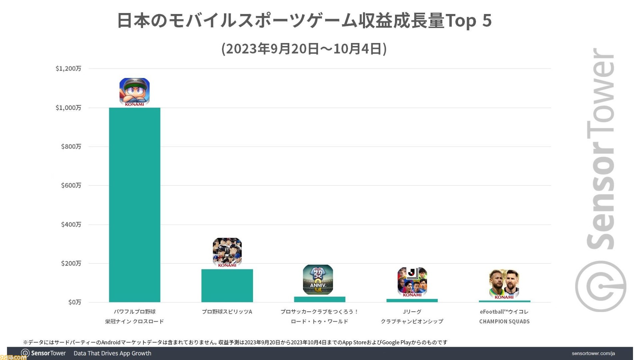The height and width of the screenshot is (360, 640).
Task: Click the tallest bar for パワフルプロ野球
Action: click(135, 205)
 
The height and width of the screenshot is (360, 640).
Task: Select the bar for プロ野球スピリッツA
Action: click(227, 286)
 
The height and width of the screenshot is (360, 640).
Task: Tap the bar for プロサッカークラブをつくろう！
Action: click(319, 299)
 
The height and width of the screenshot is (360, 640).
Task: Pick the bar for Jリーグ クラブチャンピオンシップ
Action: click(412, 301)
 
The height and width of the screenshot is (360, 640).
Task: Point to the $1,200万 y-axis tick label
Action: click(68, 69)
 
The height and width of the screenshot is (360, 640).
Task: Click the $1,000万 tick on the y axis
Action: click(68, 108)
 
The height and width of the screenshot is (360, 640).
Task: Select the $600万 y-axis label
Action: click(71, 186)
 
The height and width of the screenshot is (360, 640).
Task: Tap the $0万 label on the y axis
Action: click(75, 302)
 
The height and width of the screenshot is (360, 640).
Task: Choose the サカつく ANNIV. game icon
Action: click(318, 280)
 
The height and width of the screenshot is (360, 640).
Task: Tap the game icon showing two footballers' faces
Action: click(504, 284)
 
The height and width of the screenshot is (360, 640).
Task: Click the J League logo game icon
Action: click(412, 282)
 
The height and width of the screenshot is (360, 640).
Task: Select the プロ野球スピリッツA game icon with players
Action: click(227, 252)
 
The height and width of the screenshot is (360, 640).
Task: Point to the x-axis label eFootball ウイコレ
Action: click(504, 312)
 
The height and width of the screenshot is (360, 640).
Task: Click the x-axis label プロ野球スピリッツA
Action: click(227, 312)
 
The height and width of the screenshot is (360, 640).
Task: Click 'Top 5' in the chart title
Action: click(468, 21)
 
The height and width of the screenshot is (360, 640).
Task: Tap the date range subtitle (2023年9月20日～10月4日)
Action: click(304, 49)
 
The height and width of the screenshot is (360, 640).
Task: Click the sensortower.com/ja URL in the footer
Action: click(593, 353)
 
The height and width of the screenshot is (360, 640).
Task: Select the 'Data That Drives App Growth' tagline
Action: click(112, 353)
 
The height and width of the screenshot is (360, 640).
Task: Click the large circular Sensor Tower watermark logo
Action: click(600, 286)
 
